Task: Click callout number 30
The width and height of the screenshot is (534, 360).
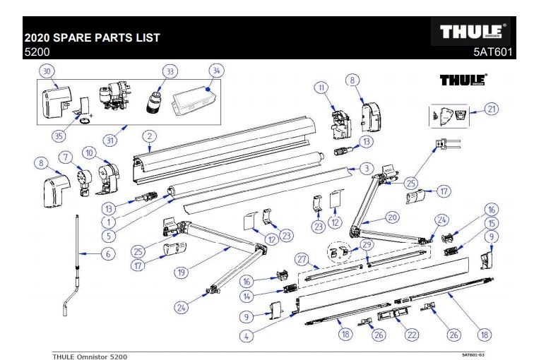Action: (x=47, y=71)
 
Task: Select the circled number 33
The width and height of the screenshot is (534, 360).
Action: (x=170, y=71)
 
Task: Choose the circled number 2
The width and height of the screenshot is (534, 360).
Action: (x=149, y=136)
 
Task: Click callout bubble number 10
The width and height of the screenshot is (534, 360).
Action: (x=89, y=152)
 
